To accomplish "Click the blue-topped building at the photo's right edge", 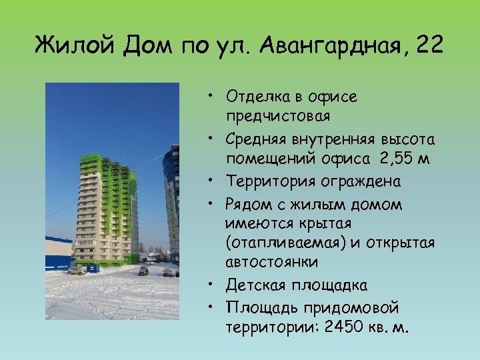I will tap(173, 200).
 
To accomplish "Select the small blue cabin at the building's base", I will tap(94, 267).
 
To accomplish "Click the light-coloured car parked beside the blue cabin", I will tap(77, 271).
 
